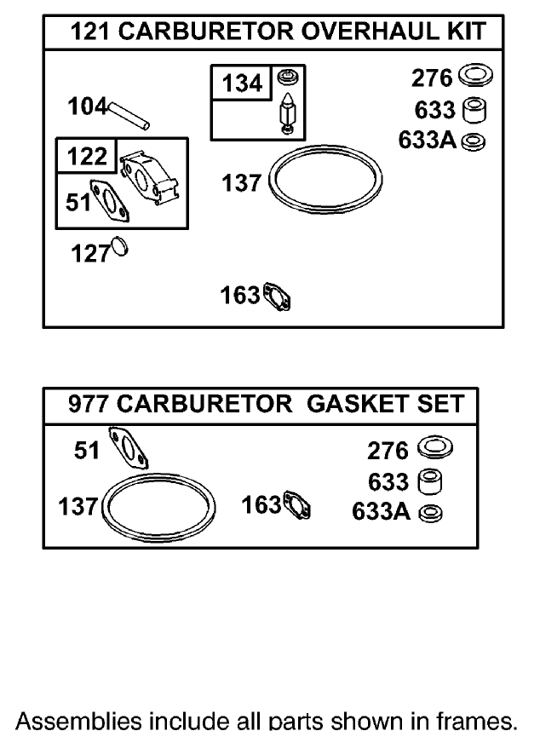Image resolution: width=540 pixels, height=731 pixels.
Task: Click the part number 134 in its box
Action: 242,84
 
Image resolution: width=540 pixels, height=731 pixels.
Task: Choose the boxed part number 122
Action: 87,157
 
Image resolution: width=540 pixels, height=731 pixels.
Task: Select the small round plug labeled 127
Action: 118,249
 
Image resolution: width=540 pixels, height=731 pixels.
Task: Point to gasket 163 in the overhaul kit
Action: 278,297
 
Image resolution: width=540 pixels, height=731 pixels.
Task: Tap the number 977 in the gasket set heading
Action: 89,404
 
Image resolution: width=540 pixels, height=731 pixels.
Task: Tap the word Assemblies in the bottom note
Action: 69,720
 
